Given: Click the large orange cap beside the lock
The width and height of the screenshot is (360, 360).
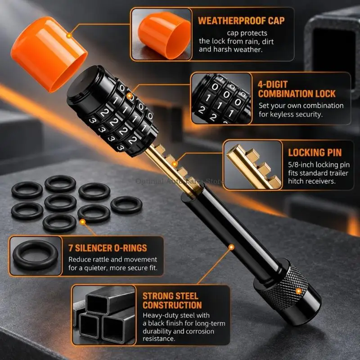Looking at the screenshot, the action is coord(48,54).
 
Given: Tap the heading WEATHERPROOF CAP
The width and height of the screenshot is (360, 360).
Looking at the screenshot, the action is coord(241,21).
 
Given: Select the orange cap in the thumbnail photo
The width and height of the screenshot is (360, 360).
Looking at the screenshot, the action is coord(164,35).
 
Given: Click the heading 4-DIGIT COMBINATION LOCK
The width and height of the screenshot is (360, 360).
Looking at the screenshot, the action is coord(297,89).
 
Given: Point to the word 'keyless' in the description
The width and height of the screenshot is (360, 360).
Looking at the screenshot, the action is coord(281,114).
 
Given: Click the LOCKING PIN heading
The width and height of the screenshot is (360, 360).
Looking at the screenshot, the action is coord(315,153).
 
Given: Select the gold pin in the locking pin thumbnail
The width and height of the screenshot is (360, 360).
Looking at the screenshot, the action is coord(254,167).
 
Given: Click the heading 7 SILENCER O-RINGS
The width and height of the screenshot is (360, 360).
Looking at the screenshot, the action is coord(108,248).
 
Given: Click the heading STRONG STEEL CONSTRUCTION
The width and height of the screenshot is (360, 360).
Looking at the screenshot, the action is coord(172,301).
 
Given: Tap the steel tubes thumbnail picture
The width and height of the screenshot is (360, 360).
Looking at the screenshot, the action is coord(104,315).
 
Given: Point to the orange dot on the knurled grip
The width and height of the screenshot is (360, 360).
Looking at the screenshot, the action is coord(299,291).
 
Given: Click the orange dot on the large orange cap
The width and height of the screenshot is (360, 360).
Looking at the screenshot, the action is coord(69,36).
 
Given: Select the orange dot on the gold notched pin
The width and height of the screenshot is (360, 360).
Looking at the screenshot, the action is coord(175,164).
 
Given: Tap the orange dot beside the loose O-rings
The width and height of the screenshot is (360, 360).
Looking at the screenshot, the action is coord(82,222).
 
